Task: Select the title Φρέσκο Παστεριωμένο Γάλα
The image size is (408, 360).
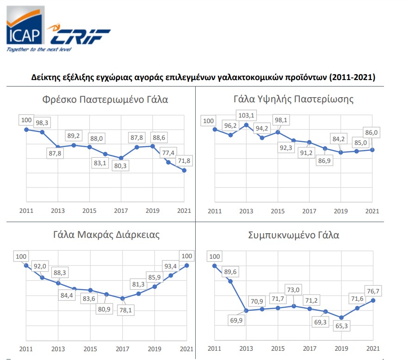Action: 105,99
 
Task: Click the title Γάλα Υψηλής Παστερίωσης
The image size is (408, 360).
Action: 294,99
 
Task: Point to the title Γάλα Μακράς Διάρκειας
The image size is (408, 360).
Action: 106,235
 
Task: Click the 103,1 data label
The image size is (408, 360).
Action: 246,115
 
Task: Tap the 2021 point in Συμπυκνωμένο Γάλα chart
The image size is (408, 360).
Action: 372,300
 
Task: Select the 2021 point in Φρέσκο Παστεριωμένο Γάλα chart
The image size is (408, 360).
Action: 185,170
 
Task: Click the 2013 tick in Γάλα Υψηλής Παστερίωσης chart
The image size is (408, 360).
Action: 246,211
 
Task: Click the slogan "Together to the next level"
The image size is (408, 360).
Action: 39,49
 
